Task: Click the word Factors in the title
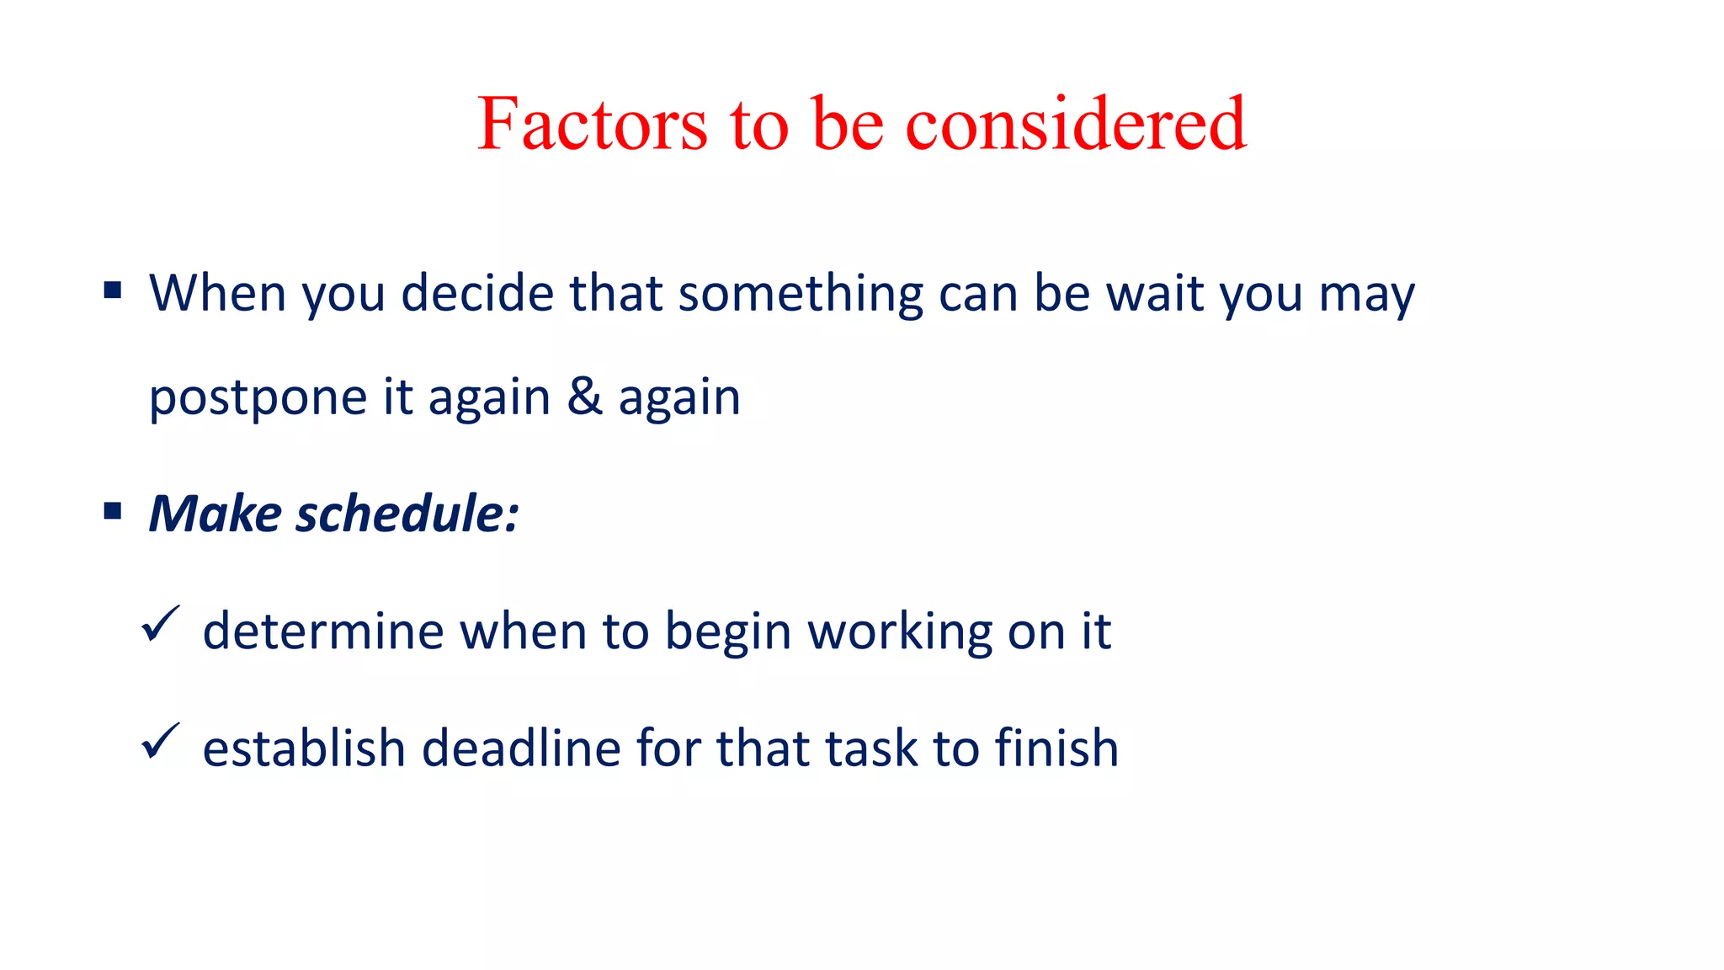[x=592, y=125]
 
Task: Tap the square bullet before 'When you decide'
[x=113, y=291]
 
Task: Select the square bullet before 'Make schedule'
[x=113, y=511]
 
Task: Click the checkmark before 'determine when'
[x=159, y=625]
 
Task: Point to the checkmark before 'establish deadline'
[x=159, y=742]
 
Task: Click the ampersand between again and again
[x=584, y=397]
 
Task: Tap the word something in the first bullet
[x=801, y=294]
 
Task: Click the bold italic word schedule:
[x=407, y=514]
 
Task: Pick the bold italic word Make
[x=215, y=514]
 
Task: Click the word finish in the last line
[x=1056, y=748]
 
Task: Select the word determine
[x=322, y=632]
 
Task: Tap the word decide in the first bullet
[x=477, y=294]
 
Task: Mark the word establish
[x=304, y=748]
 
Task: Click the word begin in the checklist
[x=728, y=632]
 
